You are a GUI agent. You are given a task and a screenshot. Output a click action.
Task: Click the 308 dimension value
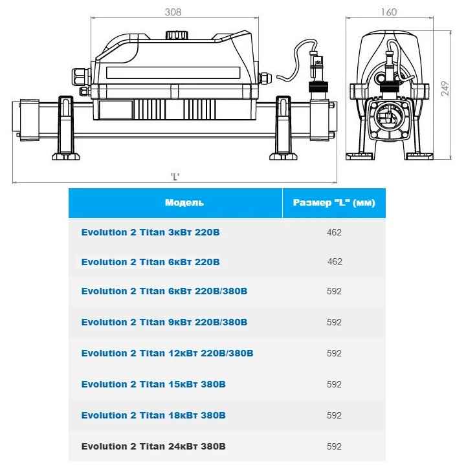click(173, 12)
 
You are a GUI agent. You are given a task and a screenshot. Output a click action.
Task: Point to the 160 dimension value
click(389, 12)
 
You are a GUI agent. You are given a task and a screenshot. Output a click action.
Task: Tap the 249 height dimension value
click(445, 89)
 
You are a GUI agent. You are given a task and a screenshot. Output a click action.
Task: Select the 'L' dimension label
click(175, 177)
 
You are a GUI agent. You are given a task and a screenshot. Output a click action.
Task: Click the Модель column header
click(184, 202)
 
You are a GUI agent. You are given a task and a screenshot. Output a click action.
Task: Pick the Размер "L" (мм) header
click(334, 202)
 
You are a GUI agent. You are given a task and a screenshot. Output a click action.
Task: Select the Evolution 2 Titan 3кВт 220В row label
click(150, 232)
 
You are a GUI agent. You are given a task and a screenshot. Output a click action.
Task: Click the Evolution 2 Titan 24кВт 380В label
click(153, 446)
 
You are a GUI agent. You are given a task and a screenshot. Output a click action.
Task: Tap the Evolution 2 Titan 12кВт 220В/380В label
click(167, 353)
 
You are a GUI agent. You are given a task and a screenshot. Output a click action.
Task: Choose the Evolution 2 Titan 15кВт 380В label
click(153, 384)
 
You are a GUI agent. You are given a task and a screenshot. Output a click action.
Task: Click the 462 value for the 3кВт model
click(334, 232)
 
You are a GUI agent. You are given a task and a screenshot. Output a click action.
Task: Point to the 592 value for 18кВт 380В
click(334, 415)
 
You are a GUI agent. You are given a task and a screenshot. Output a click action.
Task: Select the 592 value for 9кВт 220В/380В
click(334, 322)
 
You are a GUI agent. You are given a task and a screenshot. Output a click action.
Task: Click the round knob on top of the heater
click(177, 34)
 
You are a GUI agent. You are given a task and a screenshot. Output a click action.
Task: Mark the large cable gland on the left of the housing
click(81, 76)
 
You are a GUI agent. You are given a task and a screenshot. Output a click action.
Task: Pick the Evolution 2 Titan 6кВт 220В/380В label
click(164, 291)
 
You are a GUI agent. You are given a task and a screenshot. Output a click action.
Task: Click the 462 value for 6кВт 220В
click(335, 261)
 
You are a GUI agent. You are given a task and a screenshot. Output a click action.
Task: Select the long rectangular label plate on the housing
click(173, 72)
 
